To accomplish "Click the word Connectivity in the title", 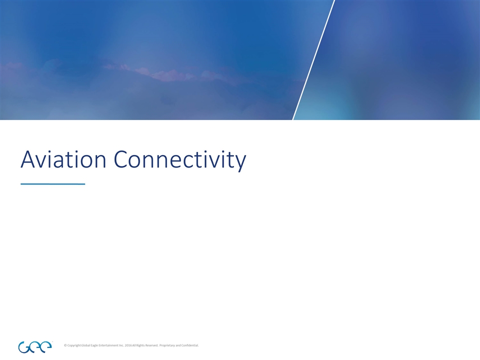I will coord(180,160).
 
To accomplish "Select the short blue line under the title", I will coord(52,184).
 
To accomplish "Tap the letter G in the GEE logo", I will coord(24,346).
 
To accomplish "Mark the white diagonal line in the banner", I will coord(313,60).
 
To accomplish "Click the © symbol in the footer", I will coord(66,345).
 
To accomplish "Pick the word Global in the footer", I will coord(88,345).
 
